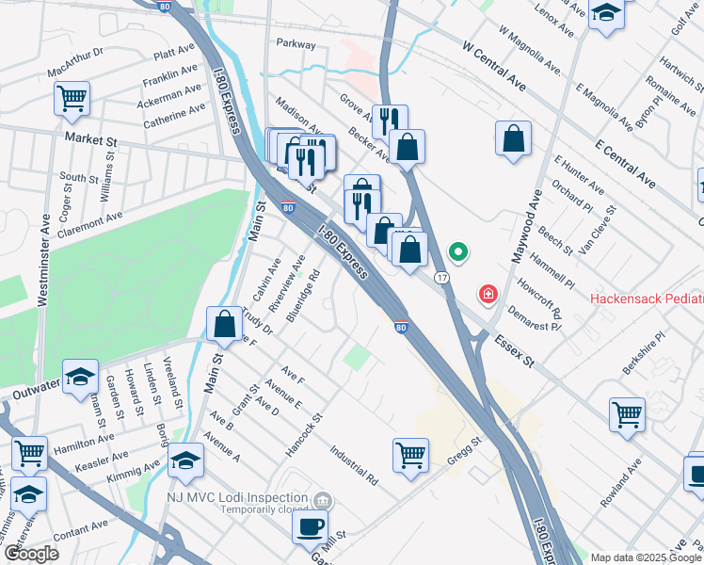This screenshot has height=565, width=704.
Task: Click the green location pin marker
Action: click(458, 252)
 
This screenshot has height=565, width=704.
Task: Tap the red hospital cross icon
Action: click(488, 295)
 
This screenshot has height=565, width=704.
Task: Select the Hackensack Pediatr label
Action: click(646, 299)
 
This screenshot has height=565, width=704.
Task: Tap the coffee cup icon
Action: click(310, 528)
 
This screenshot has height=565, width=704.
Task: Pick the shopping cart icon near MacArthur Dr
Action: click(72, 98)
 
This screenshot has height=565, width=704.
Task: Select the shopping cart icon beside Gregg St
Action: click(410, 456)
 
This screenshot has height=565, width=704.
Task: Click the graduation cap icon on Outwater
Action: click(81, 377)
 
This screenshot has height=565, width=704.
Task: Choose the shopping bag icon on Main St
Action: click(225, 325)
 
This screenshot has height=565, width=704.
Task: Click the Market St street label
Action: click(89, 138)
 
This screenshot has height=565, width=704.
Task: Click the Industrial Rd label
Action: click(354, 465)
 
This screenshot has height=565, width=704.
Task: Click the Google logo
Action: click(30, 554)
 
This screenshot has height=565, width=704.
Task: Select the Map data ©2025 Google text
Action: click(645, 557)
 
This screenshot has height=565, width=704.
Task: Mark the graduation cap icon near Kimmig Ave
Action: click(186, 460)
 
